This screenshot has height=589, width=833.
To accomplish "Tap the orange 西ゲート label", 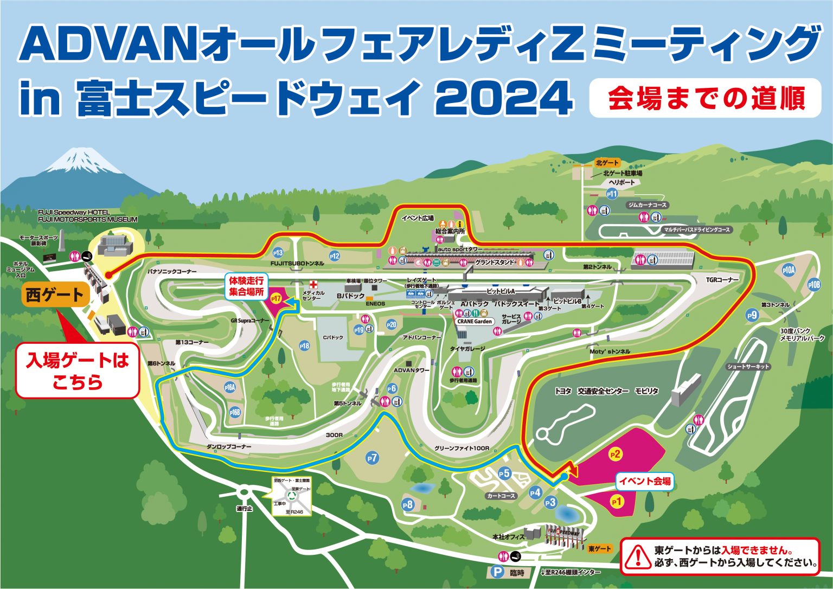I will (x=55, y=296).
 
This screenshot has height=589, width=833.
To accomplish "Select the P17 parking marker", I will (x=277, y=299).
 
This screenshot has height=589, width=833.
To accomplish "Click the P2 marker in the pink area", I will (x=615, y=454).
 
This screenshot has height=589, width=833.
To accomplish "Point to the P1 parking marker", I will (x=616, y=502).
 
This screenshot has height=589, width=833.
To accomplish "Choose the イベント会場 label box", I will (x=645, y=481).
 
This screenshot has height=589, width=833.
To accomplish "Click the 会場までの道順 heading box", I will (x=706, y=99).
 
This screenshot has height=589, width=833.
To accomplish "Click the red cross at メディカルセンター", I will (x=312, y=284).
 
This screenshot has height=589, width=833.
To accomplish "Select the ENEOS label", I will (x=375, y=304).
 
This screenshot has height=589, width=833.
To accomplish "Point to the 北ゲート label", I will (x=607, y=163).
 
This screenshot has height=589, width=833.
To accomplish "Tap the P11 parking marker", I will (x=612, y=194).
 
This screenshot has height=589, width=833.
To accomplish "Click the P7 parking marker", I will (x=372, y=458).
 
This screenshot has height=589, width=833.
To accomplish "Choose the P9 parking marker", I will (x=752, y=316).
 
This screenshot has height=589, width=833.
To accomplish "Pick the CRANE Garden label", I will (x=475, y=321).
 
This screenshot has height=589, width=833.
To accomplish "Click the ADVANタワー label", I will (x=411, y=370).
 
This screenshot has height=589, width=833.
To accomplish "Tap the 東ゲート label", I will (x=600, y=549).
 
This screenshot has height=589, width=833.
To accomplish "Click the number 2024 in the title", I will (x=504, y=99).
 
